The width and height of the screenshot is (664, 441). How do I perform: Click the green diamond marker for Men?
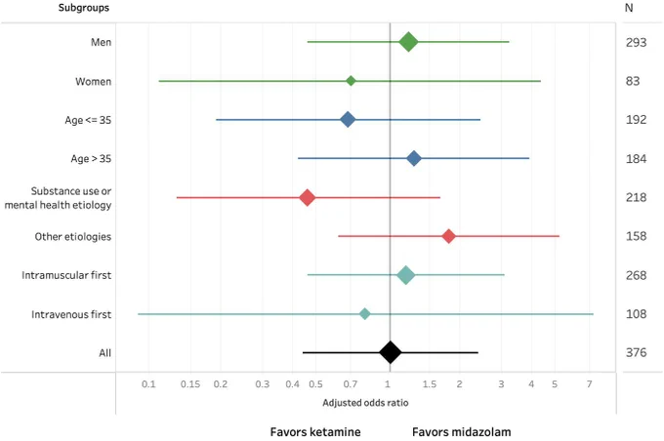click(x=408, y=42)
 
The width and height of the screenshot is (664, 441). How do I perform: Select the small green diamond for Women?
click(x=351, y=81)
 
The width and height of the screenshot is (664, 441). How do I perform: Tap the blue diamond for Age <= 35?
click(x=348, y=120)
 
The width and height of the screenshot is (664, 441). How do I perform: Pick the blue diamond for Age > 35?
click(x=414, y=159)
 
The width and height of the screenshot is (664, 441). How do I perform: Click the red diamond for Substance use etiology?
click(x=307, y=198)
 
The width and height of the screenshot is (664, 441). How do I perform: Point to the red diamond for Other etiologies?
click(x=448, y=236)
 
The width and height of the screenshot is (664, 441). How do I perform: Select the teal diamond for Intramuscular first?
click(x=405, y=275)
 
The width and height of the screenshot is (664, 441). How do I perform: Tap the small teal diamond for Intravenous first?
click(x=364, y=314)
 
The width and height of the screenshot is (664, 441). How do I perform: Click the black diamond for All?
click(x=390, y=352)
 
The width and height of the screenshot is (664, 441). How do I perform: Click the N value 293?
click(x=636, y=42)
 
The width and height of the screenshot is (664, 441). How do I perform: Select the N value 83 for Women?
click(x=633, y=81)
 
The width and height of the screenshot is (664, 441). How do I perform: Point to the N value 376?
click(x=636, y=352)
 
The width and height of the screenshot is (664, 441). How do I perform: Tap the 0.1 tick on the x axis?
click(x=148, y=384)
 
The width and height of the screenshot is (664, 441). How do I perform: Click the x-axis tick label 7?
click(x=589, y=384)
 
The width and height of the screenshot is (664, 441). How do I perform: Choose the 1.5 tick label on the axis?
click(x=429, y=384)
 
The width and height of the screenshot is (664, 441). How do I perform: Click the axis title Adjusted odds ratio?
click(x=365, y=403)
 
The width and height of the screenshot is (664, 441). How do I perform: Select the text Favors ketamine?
click(x=315, y=432)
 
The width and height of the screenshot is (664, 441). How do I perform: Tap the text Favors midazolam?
click(x=462, y=432)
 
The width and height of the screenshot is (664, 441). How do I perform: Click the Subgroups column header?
click(x=83, y=8)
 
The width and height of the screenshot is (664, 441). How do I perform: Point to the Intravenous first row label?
click(x=71, y=314)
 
